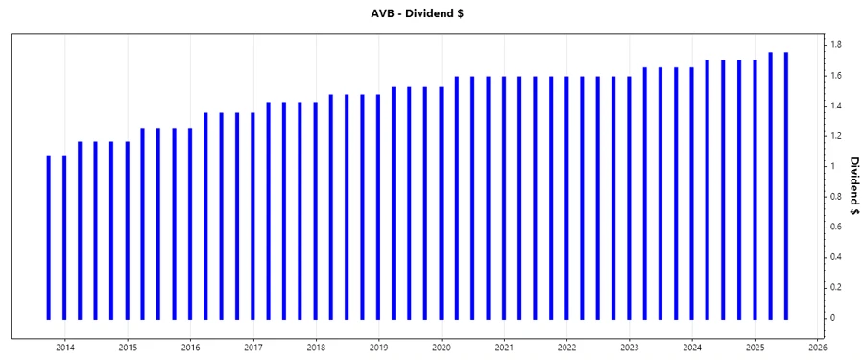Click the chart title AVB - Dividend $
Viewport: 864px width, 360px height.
[432, 12]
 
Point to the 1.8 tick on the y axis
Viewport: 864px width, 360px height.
[836, 45]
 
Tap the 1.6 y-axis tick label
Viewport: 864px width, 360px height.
[836, 75]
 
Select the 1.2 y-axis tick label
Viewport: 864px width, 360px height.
[836, 135]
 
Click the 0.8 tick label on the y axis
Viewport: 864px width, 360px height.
[836, 196]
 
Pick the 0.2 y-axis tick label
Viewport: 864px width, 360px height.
[836, 287]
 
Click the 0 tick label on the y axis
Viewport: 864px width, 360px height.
[833, 318]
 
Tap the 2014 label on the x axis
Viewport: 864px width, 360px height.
[65, 347]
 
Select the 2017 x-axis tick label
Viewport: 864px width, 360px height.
[253, 347]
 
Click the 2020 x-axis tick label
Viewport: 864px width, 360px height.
[442, 347]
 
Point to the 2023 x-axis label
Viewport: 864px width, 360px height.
[630, 347]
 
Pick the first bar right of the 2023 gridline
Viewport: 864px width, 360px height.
[645, 192]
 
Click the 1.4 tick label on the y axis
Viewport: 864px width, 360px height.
[836, 106]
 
